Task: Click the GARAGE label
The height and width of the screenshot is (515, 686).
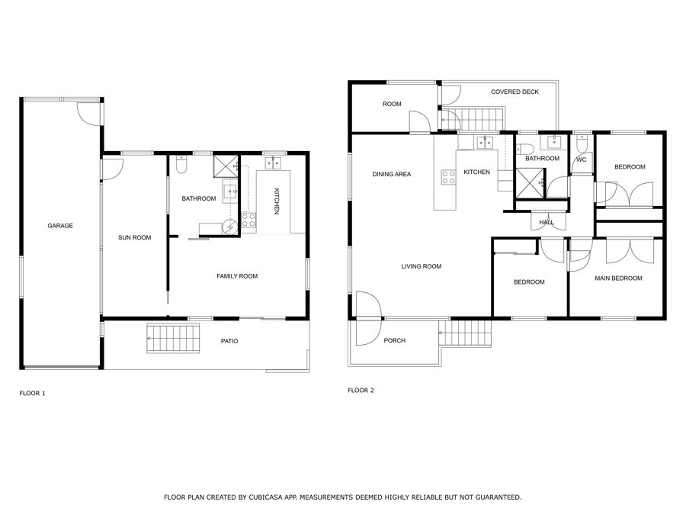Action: pos(60,226)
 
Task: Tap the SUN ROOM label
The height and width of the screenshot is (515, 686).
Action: pos(134,237)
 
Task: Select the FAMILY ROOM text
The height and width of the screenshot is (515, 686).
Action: pos(237,276)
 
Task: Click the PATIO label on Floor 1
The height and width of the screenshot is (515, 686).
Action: pos(229,341)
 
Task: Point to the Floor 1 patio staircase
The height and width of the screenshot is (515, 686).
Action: pos(173,338)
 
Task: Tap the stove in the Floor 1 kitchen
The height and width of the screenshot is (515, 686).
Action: pos(248,220)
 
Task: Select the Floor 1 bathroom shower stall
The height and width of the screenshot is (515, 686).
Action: pos(226,166)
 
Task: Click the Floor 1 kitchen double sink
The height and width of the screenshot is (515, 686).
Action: pos(273,163)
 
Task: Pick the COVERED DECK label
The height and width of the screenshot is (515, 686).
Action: pos(514,92)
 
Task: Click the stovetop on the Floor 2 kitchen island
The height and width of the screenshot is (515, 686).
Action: pos(448,177)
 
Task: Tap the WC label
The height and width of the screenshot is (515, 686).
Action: pos(581,159)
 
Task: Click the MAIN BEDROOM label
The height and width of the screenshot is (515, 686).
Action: pos(618,278)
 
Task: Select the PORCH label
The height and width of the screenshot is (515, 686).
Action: pos(394,340)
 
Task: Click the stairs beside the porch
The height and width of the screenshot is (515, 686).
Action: pos(466,333)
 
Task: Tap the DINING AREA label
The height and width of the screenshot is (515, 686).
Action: pos(392,174)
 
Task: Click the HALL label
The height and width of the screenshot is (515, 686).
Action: pos(547,222)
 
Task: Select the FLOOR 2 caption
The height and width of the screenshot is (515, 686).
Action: pos(361,390)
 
